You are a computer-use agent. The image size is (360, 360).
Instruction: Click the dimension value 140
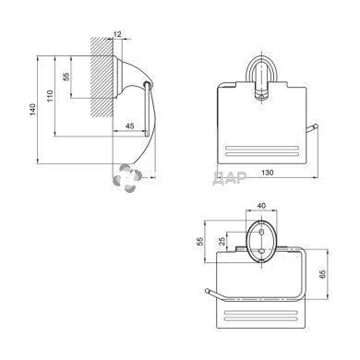(32, 110)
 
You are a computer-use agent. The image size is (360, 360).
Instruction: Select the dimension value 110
(50, 96)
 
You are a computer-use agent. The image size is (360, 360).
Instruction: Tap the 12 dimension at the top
(117, 34)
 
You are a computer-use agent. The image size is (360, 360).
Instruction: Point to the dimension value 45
(130, 126)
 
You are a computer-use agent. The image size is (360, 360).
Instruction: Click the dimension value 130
(268, 173)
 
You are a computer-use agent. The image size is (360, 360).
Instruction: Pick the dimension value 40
(261, 206)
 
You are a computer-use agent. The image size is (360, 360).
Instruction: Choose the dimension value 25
(222, 241)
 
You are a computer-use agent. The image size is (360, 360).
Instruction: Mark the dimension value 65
(322, 274)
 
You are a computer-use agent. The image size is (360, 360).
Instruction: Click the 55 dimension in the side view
(66, 77)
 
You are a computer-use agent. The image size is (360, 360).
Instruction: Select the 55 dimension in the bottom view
(200, 242)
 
